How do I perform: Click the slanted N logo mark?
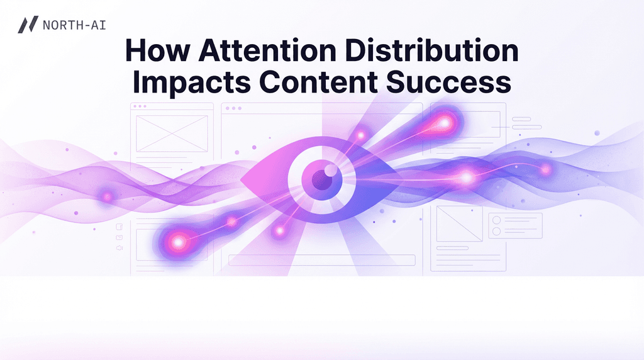click(x=28, y=25)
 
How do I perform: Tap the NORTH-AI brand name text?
click(x=74, y=25)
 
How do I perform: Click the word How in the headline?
click(x=158, y=50)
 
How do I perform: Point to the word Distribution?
click(x=431, y=50)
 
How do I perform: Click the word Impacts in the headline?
click(x=191, y=82)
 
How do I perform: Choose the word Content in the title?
click(x=319, y=82)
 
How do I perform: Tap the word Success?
click(x=449, y=82)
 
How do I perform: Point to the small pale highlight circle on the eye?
click(x=331, y=170)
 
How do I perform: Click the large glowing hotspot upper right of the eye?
click(x=444, y=123)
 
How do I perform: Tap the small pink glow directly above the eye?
click(x=360, y=135)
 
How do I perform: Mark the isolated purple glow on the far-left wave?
click(x=108, y=197)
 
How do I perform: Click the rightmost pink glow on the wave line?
click(x=545, y=169)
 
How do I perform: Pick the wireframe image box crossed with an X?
click(x=172, y=133)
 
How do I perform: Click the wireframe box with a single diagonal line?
click(x=459, y=223)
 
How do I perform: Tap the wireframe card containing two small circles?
click(x=515, y=225)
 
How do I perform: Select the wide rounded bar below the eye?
click(x=321, y=260)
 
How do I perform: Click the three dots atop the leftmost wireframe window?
click(x=140, y=106)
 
